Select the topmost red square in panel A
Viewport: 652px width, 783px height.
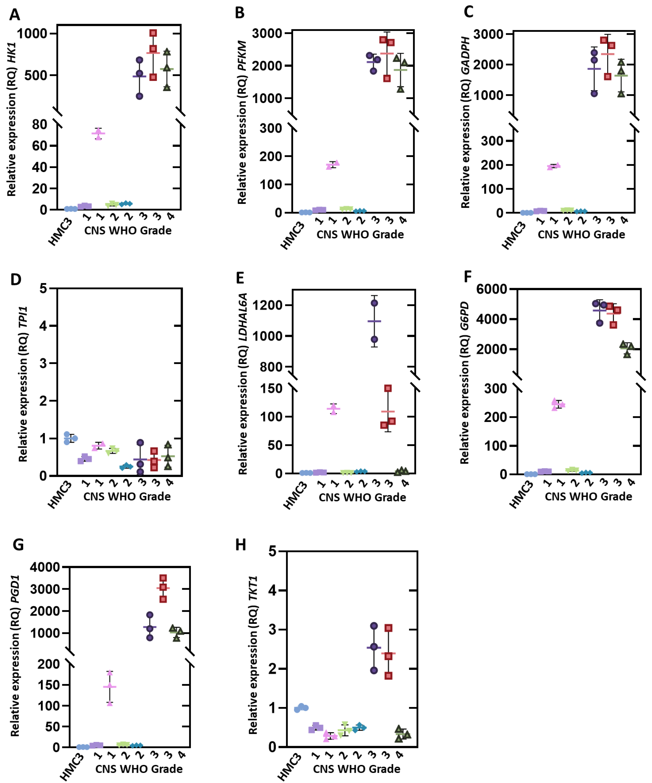[153, 33]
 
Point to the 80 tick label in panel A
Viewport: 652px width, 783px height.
[40, 125]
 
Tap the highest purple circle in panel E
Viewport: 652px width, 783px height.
[374, 303]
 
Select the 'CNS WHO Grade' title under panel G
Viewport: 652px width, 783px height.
[139, 769]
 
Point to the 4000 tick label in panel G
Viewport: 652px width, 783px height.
[45, 567]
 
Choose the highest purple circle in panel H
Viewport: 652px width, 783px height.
[374, 626]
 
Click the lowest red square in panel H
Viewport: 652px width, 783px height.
[388, 676]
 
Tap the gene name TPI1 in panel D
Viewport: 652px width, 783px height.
[23, 317]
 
